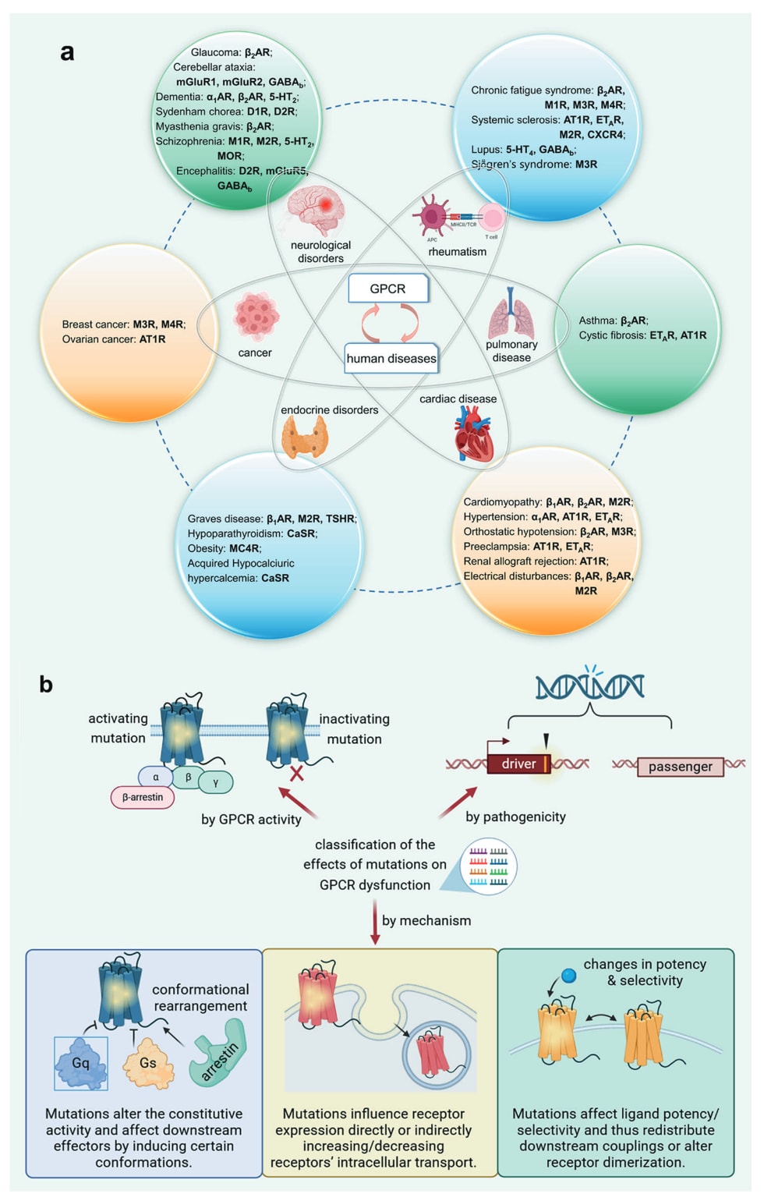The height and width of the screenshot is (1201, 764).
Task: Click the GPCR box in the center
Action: coord(387,289)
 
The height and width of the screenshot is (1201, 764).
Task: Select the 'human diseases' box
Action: coord(391,359)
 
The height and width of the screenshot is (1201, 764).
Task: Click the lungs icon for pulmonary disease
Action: coord(511,314)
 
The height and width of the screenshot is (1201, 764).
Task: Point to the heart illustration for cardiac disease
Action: coord(474,435)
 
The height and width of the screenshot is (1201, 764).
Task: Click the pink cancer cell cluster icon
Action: coord(256,317)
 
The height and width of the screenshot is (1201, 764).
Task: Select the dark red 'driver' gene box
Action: coord(518,764)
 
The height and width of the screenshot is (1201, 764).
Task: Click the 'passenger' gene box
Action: coord(680,767)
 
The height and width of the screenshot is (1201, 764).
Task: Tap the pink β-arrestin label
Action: coord(143,797)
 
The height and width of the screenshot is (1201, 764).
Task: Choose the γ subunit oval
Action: coord(215,781)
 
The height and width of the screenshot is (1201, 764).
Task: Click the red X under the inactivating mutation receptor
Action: coord(297,774)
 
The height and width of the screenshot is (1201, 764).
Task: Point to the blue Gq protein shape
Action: coord(81,1063)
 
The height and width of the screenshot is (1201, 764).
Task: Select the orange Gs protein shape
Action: coord(147,1063)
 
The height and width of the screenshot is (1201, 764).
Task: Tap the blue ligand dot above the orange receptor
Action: coord(569,975)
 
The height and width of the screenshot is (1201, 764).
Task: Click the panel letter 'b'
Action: coord(46,684)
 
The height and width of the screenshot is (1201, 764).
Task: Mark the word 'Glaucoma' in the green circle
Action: coord(216,52)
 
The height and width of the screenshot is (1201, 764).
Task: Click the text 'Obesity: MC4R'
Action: coord(225,548)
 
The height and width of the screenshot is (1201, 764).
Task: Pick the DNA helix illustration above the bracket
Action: coord(589,686)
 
